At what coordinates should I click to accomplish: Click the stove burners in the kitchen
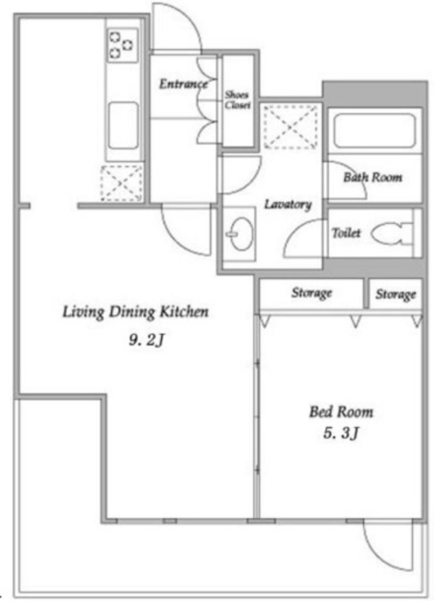pos(122,45)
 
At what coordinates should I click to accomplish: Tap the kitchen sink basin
pos(123,126)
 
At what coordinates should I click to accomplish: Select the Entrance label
pos(183,84)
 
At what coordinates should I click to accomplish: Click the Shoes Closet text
pos(237,100)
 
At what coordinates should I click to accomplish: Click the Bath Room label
pos(372,177)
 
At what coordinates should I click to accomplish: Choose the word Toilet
pos(346,232)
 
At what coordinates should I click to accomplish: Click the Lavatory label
pos(288,204)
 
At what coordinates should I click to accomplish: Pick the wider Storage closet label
pos(311,293)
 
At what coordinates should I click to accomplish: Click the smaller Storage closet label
pos(395,295)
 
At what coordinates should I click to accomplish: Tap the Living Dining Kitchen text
pos(135,312)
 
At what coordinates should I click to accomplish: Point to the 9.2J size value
pos(147,340)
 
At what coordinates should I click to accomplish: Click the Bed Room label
pos(341,412)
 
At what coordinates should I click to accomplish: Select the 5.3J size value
pos(341,434)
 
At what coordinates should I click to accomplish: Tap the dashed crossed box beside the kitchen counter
pos(121,183)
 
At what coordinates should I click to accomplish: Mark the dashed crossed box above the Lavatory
pos(291,127)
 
